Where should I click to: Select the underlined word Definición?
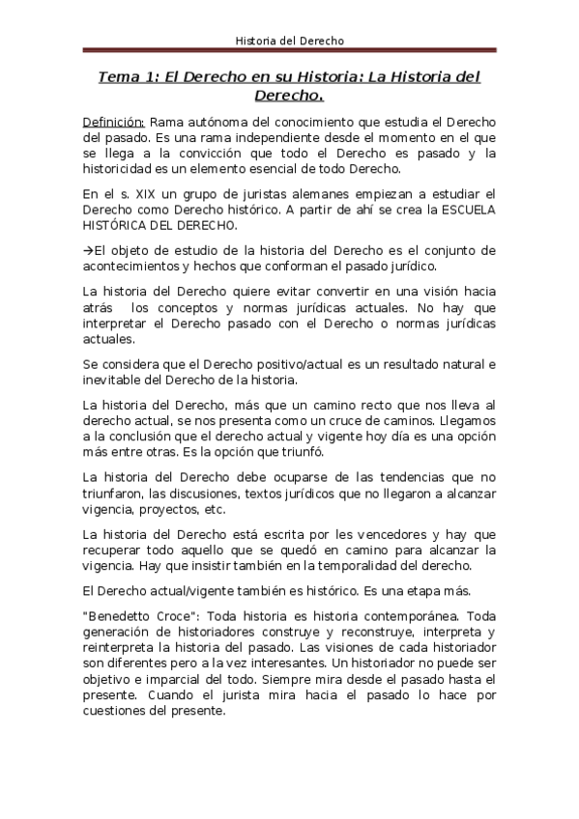pos(113,123)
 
